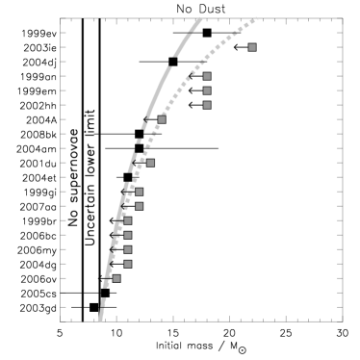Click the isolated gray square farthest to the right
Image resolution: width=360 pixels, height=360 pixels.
[252, 47]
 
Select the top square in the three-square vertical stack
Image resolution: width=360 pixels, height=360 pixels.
[207, 76]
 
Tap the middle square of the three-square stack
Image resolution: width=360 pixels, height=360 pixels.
[207, 90]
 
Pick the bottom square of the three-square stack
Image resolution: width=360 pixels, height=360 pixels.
[207, 105]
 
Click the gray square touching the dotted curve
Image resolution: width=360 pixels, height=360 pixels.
[162, 119]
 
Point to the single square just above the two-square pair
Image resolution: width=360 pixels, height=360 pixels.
[150, 163]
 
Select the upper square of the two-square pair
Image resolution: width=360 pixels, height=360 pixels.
[139, 192]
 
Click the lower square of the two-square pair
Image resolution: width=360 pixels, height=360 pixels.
[139, 206]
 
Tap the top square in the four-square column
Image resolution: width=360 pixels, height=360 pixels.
[127, 220]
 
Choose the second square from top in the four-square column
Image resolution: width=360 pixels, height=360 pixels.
[127, 235]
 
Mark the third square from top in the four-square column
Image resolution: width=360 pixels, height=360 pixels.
[127, 249]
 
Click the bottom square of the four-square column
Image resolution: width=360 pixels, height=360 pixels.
[127, 264]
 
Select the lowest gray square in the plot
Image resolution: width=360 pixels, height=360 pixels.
[116, 278]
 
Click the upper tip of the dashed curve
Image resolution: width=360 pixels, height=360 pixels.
[200, 18]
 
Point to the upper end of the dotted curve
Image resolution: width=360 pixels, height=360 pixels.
[257, 19]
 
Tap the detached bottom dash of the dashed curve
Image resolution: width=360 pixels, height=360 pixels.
[100, 314]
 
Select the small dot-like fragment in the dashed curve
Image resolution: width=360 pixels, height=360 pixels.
[139, 141]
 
